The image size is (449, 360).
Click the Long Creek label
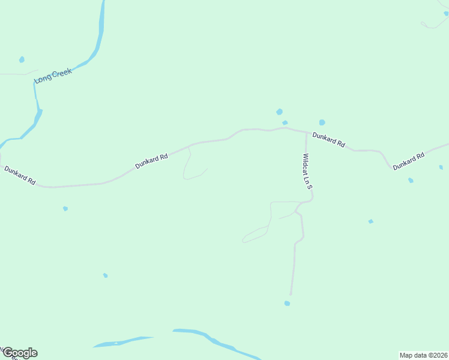pos(53,76)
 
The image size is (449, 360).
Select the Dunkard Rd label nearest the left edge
pos(20,175)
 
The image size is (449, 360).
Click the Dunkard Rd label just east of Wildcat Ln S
pos(329,140)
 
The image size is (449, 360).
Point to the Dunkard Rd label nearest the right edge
pos(409,161)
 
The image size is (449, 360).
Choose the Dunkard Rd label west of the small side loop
pos(151,160)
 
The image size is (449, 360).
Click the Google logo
pos(19,353)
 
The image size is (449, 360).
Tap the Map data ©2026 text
pos(423,355)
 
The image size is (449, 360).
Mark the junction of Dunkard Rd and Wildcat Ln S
pos(306,133)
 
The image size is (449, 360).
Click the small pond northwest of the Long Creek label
pos(22,59)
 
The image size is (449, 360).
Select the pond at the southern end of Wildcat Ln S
pos(287,303)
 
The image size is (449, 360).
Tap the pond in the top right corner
pos(446,14)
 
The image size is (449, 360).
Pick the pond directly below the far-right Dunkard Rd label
pos(411,180)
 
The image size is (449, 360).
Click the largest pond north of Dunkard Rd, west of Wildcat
pos(279,112)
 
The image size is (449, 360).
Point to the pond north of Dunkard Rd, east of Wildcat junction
pos(322,122)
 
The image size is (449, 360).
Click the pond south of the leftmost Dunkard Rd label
pos(65,209)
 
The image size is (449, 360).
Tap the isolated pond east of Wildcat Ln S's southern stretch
pos(370,221)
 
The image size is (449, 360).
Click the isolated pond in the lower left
pos(105,275)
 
